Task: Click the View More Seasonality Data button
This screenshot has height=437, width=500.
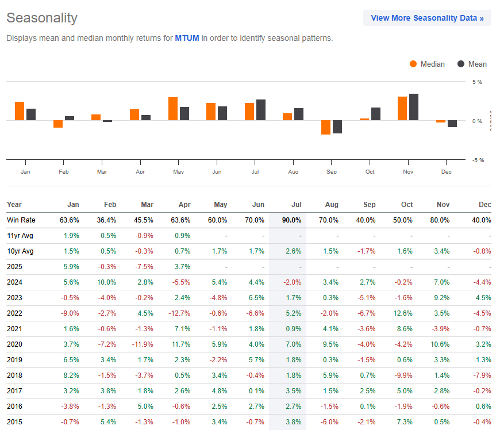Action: [427, 18]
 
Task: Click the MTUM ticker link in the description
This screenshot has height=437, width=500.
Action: [187, 39]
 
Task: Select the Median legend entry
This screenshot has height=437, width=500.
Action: [427, 64]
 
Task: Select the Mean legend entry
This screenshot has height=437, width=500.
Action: [472, 64]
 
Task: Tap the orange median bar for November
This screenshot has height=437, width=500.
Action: [402, 109]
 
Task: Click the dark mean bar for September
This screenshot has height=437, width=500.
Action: [337, 126]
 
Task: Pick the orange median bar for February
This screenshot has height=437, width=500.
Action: [58, 124]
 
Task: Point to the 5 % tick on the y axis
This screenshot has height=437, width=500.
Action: [477, 82]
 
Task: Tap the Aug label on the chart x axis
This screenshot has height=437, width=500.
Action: [293, 172]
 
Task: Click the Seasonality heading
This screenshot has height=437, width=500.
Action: [41, 18]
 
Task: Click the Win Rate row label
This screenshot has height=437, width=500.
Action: [21, 220]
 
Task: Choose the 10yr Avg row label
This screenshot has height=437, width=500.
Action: [20, 251]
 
